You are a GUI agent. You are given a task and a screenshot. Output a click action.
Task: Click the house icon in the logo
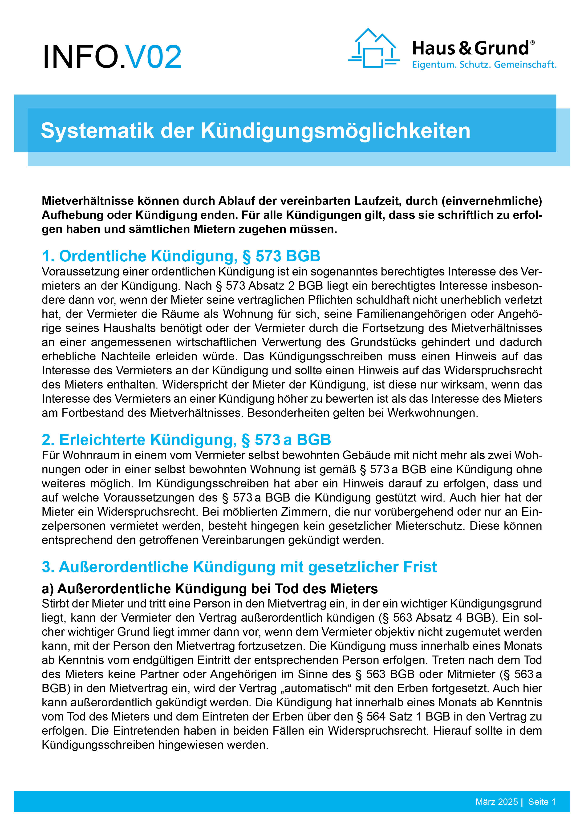[373, 48]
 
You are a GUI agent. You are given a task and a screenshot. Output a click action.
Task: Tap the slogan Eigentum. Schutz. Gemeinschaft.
[484, 65]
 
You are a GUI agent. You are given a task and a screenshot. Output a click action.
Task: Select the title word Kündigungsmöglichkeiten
[335, 131]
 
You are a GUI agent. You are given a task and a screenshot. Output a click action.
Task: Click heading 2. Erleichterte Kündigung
[186, 439]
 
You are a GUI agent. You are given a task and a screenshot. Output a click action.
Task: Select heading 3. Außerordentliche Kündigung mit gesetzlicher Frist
[239, 567]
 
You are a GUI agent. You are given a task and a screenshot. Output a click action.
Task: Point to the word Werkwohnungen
[433, 413]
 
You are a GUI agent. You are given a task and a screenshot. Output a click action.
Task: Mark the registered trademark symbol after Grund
[532, 42]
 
